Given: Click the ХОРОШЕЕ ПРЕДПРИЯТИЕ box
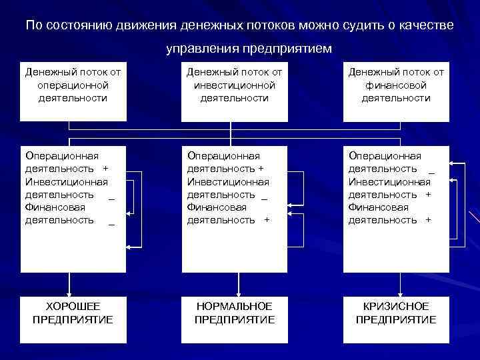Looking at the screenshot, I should tap(73, 313).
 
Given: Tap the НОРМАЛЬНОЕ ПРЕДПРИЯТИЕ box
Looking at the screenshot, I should tap(235, 313).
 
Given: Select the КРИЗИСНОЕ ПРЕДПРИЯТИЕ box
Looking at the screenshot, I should tap(396, 313).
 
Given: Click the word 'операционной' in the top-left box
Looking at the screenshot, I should tap(73, 85).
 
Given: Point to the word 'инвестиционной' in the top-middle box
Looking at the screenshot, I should tap(235, 85).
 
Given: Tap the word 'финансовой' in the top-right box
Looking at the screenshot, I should tap(396, 85).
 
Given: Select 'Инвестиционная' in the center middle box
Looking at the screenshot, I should tap(228, 182).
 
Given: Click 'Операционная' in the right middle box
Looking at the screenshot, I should tap(385, 157).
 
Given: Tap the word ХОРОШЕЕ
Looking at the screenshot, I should tap(73, 306).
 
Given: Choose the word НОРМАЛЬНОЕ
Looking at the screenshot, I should tap(235, 306).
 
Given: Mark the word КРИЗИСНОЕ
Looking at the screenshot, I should tap(396, 306).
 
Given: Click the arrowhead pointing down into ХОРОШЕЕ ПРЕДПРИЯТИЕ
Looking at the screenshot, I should tap(73, 290).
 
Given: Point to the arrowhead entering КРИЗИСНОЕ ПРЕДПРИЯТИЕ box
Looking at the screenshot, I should tap(401, 290).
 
